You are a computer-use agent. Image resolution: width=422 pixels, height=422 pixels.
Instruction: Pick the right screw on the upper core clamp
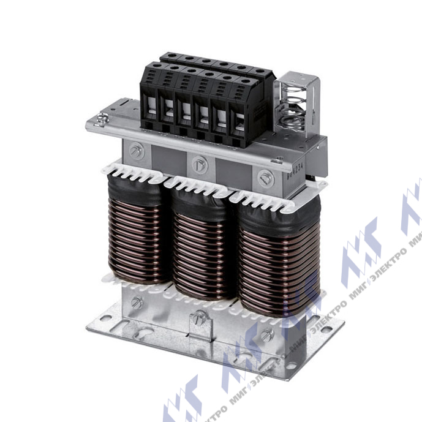click(265, 178)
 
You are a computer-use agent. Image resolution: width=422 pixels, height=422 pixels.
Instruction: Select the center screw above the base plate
click(198, 318)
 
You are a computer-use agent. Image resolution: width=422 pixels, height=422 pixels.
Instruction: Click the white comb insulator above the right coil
click(269, 200)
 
